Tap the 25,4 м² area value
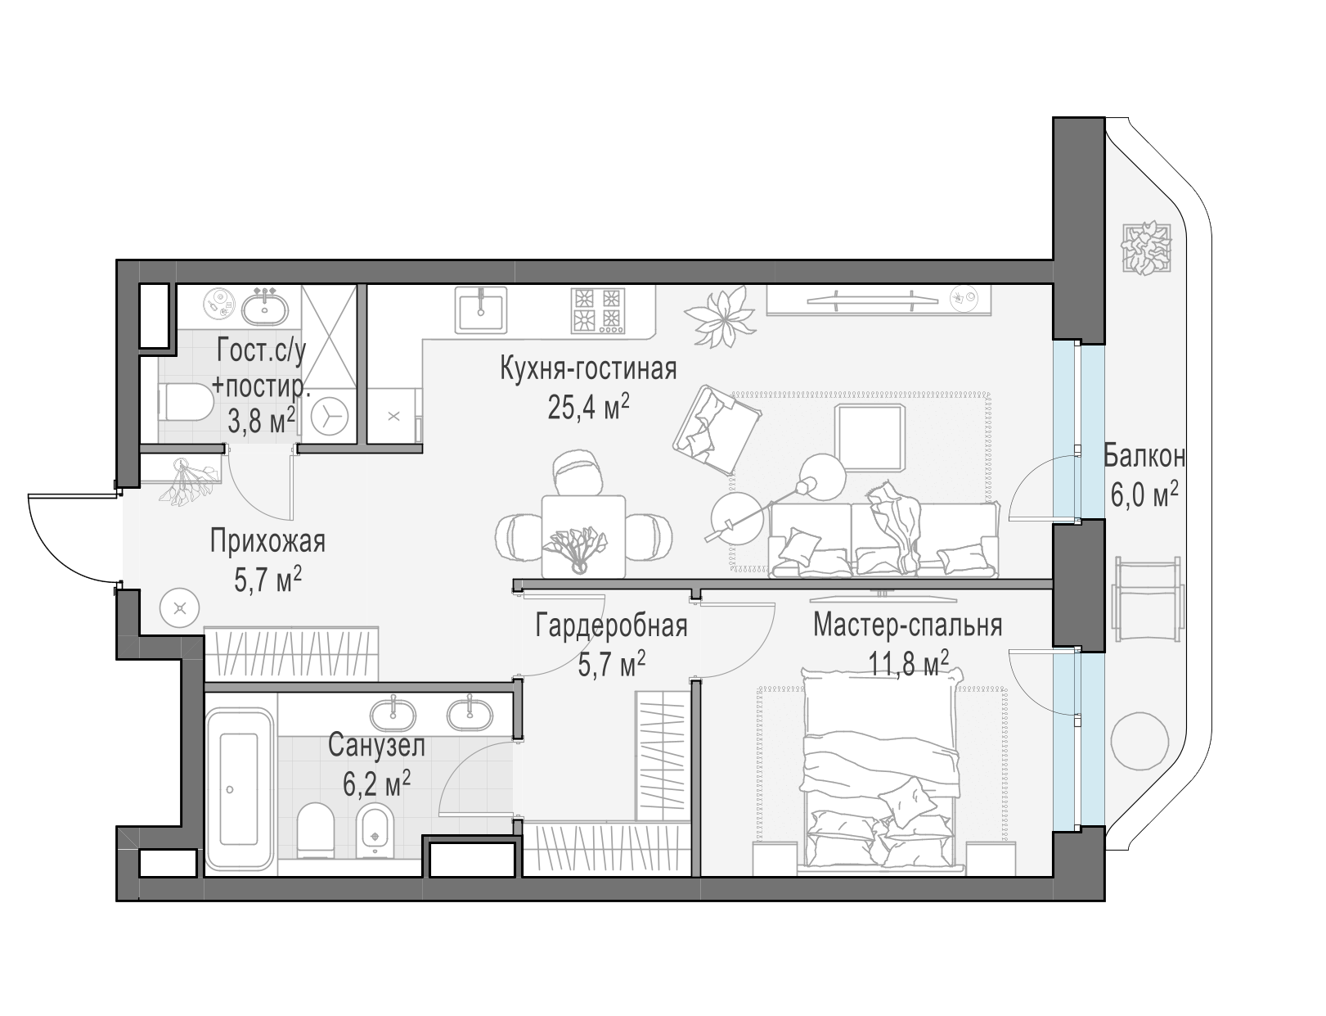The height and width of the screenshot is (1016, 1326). [588, 407]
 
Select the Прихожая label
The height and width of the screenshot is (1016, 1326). [267, 542]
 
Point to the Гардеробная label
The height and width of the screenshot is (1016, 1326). [611, 626]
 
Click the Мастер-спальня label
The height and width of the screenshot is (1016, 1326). [907, 625]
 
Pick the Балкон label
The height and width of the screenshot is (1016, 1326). [1144, 457]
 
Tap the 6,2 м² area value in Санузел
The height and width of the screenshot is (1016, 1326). [376, 782]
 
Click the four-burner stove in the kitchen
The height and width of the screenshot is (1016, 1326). [597, 311]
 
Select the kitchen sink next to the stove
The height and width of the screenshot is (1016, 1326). [481, 310]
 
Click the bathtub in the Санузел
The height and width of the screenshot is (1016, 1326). [240, 788]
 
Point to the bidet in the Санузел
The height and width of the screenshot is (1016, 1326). [374, 830]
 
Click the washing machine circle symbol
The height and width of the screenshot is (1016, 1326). [329, 417]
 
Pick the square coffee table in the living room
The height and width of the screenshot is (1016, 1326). [869, 437]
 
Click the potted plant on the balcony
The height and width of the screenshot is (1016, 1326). [1147, 249]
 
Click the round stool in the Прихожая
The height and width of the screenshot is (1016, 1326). [179, 607]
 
